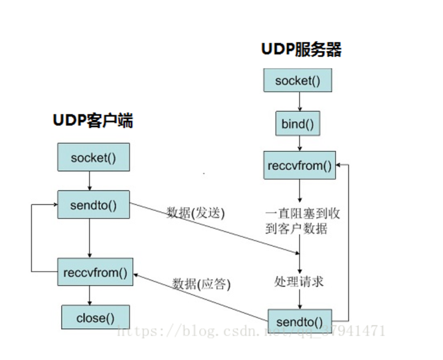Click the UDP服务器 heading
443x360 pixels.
click(301, 50)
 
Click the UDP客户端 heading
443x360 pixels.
click(93, 121)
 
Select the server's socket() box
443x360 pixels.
click(298, 81)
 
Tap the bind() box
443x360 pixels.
click(298, 124)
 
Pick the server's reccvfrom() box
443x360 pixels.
click(300, 166)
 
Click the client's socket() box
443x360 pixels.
click(93, 157)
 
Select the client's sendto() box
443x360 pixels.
click(93, 205)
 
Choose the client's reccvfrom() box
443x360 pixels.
click(95, 272)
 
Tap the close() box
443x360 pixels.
click(95, 317)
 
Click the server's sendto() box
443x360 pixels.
click(300, 322)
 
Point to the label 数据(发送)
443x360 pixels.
click(195, 213)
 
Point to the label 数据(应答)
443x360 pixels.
click(201, 284)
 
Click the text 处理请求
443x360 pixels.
click(299, 281)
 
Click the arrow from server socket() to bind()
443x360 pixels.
click(300, 102)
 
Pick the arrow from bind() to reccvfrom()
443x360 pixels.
click(300, 144)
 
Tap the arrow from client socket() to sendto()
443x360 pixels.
click(89, 181)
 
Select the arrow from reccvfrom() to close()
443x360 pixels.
click(89, 295)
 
